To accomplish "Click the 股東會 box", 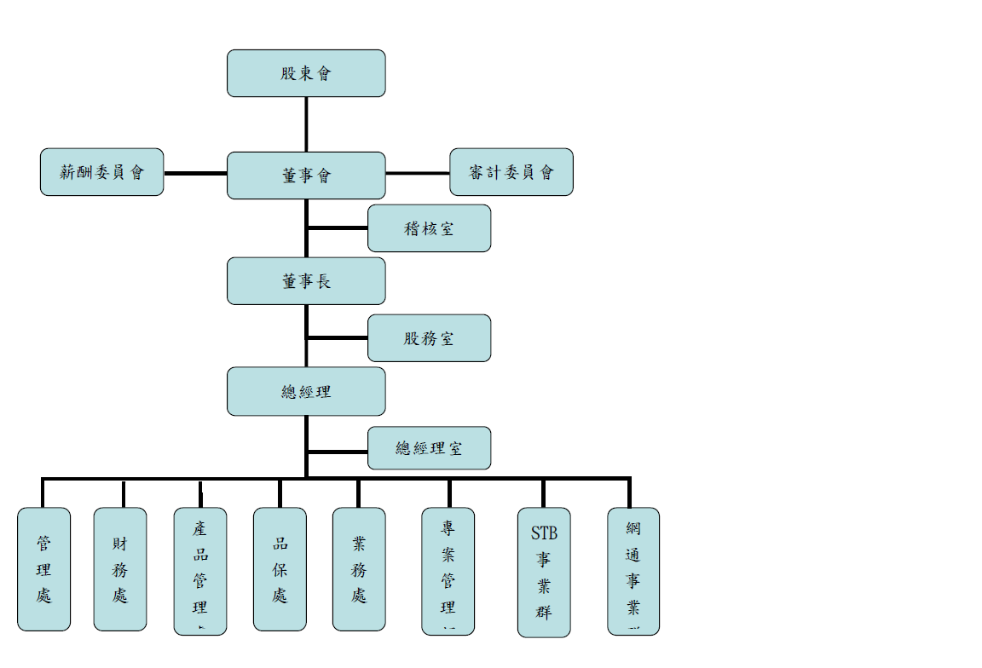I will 306,73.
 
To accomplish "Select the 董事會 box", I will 306,176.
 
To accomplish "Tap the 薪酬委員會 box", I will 102,172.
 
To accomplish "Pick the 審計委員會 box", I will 511,172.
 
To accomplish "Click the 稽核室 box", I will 429,228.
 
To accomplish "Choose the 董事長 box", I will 306,281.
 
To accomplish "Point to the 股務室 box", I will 429,338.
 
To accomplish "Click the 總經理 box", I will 306,392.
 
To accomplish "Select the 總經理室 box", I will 429,448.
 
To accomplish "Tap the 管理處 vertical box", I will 43,569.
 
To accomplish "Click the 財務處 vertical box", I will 120,569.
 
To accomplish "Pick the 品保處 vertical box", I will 280,569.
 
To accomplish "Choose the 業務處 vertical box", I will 359,569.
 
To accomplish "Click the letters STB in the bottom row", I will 544,534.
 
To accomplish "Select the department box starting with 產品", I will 200,571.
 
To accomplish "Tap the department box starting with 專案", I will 448,571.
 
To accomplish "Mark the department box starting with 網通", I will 633,571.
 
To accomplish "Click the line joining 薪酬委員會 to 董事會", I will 195,173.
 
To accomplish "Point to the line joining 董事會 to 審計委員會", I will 418,173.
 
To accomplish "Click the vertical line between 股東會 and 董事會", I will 306,124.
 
